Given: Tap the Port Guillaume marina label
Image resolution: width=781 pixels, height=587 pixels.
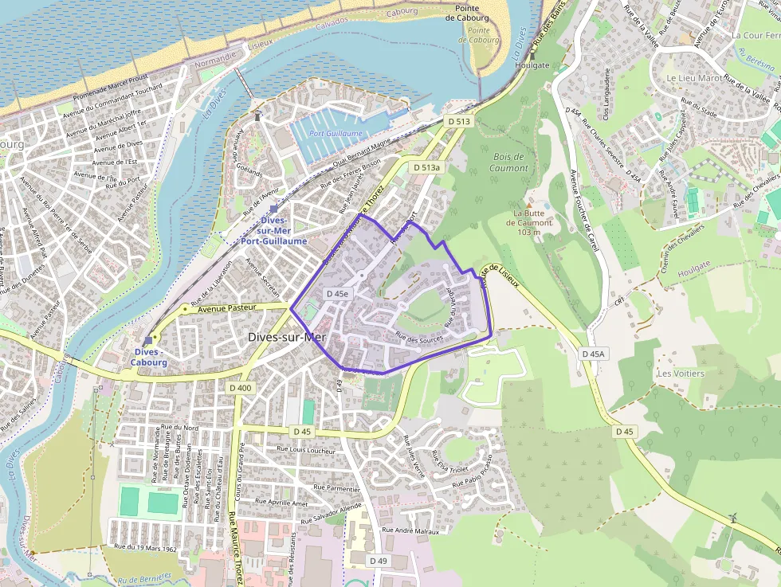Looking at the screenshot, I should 336,134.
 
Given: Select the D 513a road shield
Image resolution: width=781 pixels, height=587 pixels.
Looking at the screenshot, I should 426,168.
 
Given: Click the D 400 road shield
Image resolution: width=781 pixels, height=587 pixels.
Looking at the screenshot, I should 240,388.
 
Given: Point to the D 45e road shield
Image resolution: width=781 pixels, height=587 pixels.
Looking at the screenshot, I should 337,294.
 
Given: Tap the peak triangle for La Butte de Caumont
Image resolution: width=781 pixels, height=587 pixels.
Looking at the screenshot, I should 528,205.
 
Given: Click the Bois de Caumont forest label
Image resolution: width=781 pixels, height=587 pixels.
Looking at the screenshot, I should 510,162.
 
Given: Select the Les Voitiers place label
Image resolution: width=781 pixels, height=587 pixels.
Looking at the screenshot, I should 680,373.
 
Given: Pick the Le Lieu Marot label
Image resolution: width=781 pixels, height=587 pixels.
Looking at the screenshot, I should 694,78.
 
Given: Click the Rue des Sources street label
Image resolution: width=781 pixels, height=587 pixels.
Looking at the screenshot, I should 419,339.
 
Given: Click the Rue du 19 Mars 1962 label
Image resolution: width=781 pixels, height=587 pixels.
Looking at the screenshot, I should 144,547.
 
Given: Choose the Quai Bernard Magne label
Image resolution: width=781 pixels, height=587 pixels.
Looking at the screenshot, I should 359,153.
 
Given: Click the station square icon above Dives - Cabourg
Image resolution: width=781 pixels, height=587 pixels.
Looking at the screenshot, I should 147,340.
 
